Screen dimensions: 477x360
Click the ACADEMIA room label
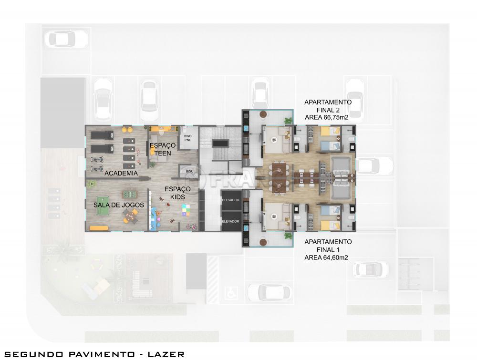tap(121, 173)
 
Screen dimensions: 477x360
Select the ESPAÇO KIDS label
tap(177, 193)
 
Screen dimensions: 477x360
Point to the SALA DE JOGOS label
tap(119, 205)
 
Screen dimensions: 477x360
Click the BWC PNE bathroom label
tap(187, 138)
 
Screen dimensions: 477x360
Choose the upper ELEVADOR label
tap(230, 200)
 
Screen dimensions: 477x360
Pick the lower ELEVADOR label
tap(230, 221)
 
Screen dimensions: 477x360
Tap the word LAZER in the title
tap(166, 354)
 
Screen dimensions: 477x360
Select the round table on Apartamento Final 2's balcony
tap(263, 114)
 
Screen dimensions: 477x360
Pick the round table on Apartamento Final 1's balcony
tap(263, 242)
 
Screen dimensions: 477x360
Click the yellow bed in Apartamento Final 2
tap(331, 131)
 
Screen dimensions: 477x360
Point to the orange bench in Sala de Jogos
tap(99, 228)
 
